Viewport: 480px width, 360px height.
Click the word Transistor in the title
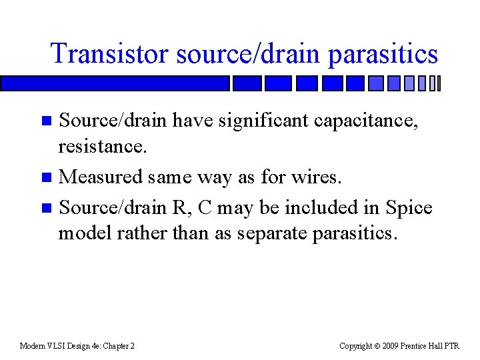[110, 54]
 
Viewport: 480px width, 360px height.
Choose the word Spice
[409, 207]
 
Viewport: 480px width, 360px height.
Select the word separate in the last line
[267, 233]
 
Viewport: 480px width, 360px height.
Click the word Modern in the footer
[33, 346]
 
